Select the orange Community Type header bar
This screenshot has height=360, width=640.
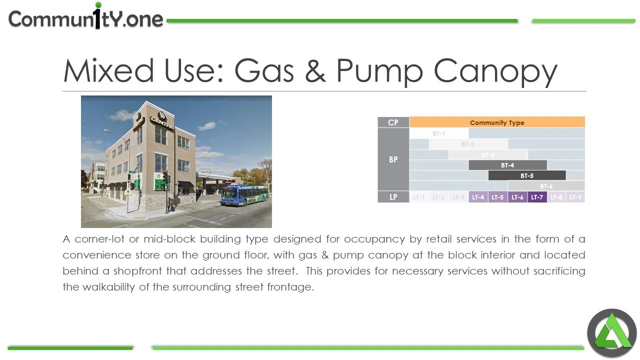pyautogui.click(x=496, y=122)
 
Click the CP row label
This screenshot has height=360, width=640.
pyautogui.click(x=393, y=122)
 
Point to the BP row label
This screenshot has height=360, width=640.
pyautogui.click(x=393, y=159)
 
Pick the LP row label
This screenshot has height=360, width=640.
pyautogui.click(x=393, y=197)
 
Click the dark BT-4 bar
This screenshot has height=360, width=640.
pyautogui.click(x=507, y=165)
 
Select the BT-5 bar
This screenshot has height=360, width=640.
pyautogui.click(x=527, y=175)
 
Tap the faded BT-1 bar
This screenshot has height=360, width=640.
pyautogui.click(x=439, y=133)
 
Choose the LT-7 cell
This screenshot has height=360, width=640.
pyautogui.click(x=537, y=197)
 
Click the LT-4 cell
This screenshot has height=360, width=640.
pyautogui.click(x=478, y=197)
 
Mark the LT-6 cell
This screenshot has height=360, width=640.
pyautogui.click(x=517, y=197)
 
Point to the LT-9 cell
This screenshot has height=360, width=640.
pyautogui.click(x=575, y=197)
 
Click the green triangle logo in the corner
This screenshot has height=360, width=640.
pyautogui.click(x=611, y=332)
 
